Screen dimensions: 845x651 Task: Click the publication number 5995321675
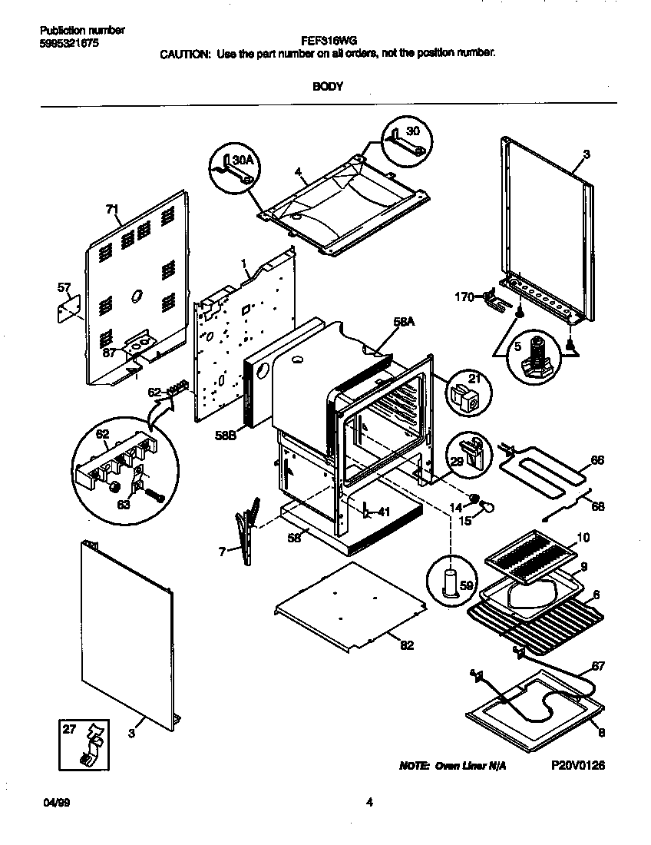tap(68, 43)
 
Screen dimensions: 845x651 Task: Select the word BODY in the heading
tap(327, 87)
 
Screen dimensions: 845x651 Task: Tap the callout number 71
tap(113, 209)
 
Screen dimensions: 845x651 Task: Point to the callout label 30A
tap(243, 160)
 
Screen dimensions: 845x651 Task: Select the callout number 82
tap(406, 645)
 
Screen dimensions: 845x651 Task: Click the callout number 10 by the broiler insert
tap(583, 538)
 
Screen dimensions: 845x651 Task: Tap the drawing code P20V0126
tap(578, 766)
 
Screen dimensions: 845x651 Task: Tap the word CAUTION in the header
tap(183, 55)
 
